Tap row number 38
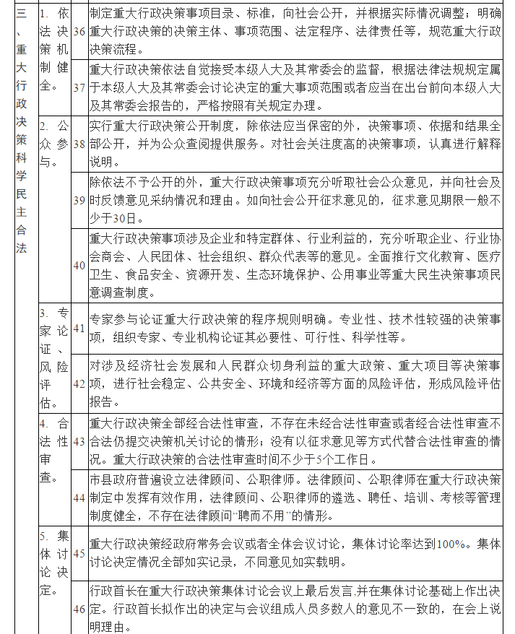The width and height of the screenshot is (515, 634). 79,144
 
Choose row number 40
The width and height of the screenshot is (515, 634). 79,264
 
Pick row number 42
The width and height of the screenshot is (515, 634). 79,383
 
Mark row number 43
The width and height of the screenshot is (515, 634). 79,440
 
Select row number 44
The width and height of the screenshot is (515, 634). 79,498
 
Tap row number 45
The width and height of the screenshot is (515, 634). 79,553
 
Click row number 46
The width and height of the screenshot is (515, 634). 79,608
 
